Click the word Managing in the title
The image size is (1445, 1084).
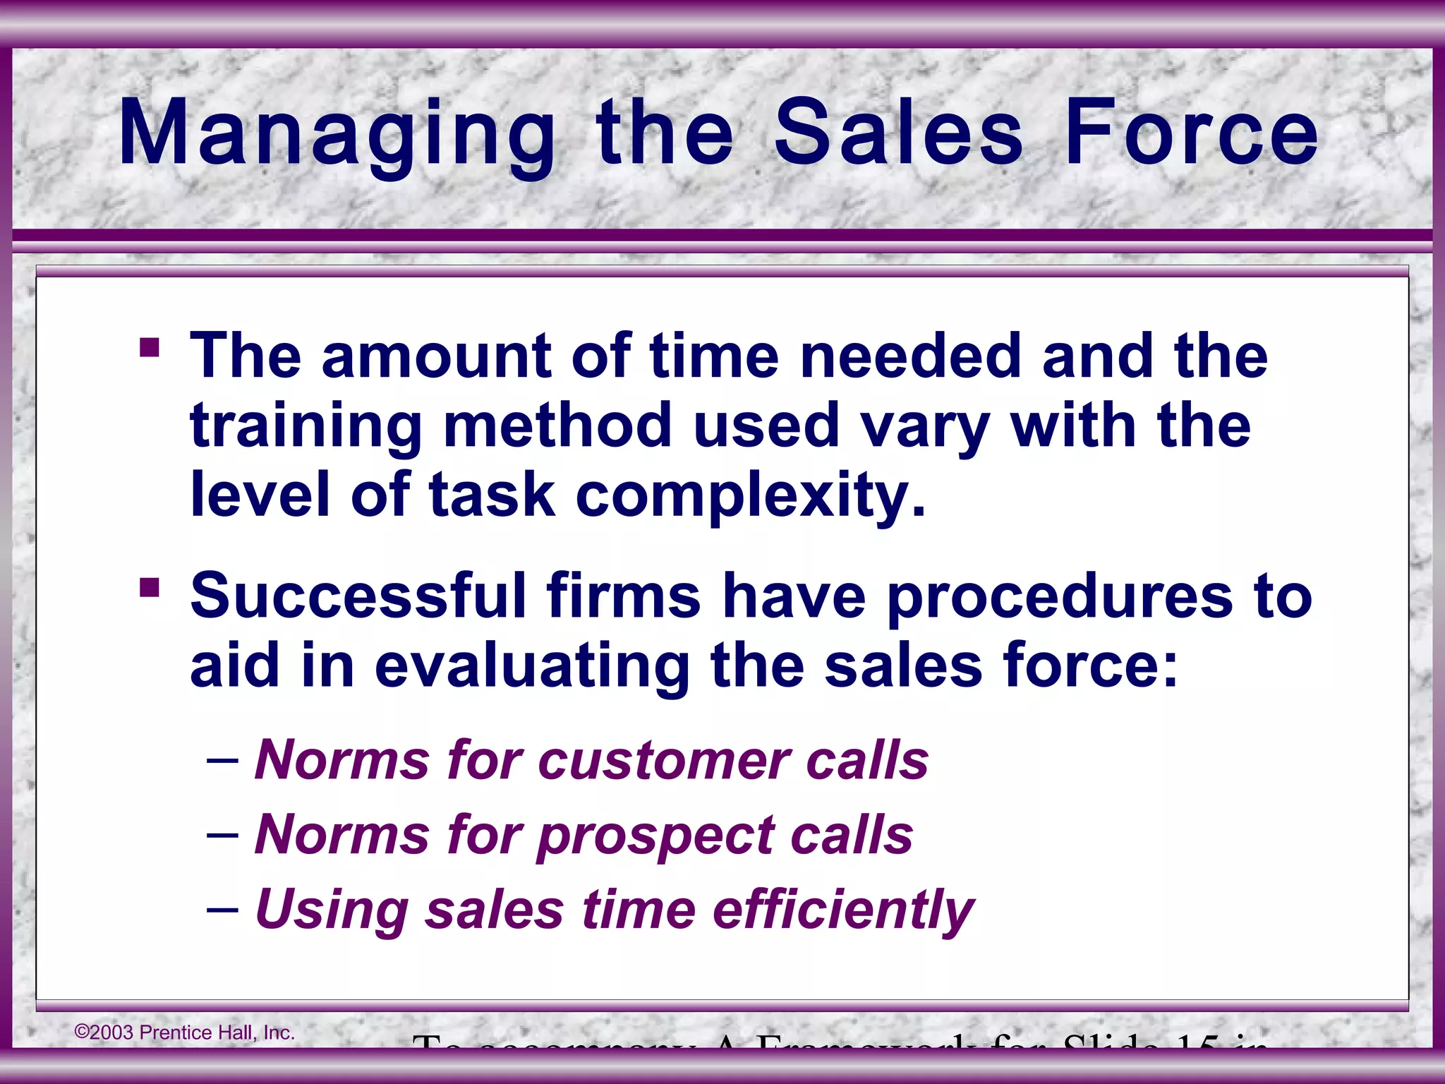point(337,133)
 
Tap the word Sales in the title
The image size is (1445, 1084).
point(897,133)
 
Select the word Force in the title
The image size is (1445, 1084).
point(1191,133)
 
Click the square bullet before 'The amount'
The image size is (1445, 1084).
point(150,348)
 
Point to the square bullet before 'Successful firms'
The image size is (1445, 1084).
point(150,587)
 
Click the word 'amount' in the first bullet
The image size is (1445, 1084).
point(436,356)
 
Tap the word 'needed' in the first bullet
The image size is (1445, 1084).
point(910,356)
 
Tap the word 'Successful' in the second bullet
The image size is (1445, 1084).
point(358,596)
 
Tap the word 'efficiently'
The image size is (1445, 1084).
point(844,911)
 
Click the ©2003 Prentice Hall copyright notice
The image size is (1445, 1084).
point(185,1032)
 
